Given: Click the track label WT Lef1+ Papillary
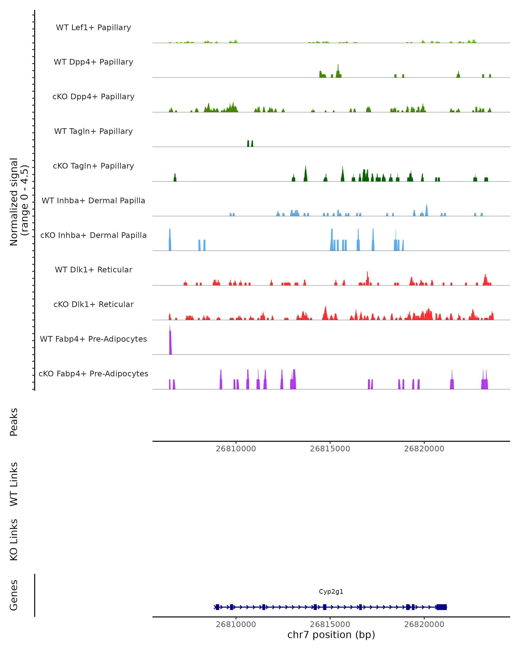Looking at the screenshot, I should [x=93, y=28].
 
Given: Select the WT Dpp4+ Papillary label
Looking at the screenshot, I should [x=93, y=62].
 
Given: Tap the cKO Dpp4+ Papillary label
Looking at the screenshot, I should [x=93, y=97].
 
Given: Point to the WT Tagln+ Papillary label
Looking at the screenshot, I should [x=93, y=132].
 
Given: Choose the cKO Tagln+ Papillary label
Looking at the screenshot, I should [x=93, y=166].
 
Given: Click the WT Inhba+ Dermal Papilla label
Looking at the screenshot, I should [x=93, y=201].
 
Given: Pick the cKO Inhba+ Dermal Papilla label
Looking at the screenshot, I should [x=93, y=236].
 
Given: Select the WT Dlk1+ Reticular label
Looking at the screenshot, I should [x=93, y=270].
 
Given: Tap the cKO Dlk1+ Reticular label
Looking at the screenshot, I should [x=93, y=304].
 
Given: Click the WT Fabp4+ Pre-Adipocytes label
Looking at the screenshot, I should [x=93, y=339].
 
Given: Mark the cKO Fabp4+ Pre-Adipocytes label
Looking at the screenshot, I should [x=93, y=374].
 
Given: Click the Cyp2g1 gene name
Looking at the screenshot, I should [x=331, y=592].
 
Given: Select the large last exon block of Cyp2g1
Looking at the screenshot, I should [x=441, y=607].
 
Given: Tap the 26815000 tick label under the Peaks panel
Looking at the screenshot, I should [x=330, y=449].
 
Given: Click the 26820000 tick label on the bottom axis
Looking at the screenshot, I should [x=424, y=625].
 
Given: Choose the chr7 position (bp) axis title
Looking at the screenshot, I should [x=331, y=635].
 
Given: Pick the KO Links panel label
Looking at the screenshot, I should [x=14, y=540].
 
